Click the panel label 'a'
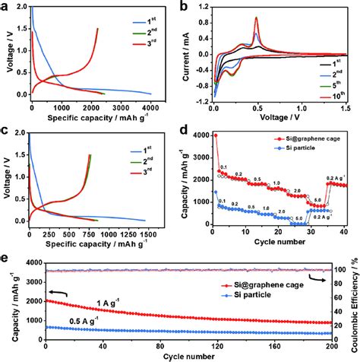[6, 6]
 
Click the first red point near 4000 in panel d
[215, 135]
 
